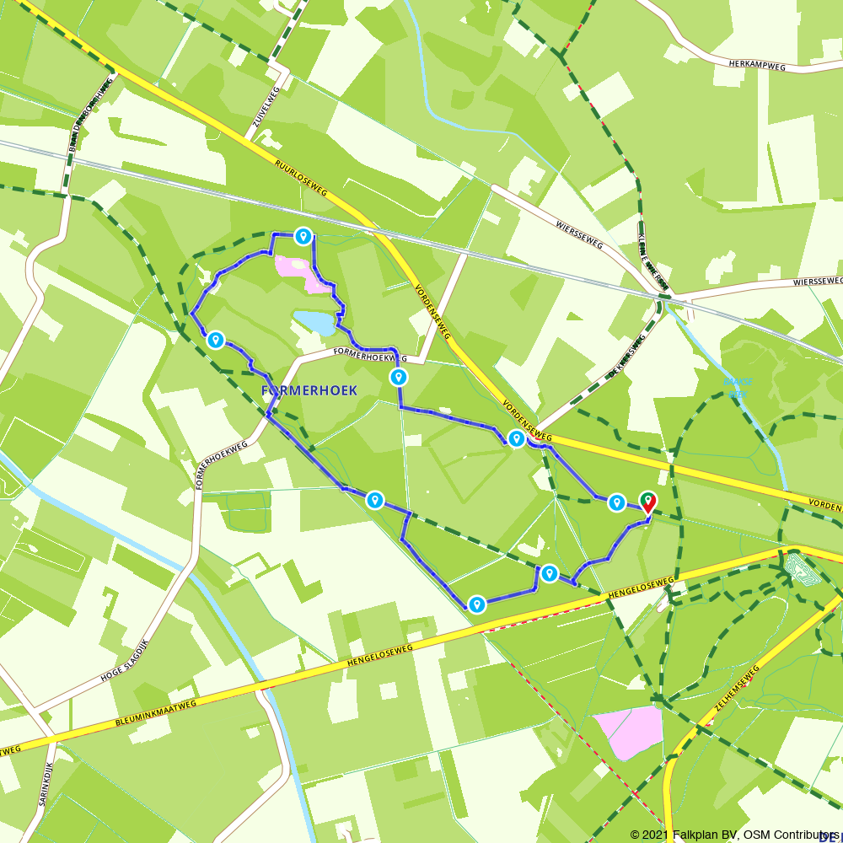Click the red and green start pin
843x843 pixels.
click(648, 502)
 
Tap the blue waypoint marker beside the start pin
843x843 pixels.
click(617, 502)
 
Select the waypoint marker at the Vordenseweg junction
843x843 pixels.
click(516, 438)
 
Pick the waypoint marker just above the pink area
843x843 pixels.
click(303, 237)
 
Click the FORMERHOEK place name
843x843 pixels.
click(309, 390)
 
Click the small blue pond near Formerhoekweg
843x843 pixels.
click(313, 322)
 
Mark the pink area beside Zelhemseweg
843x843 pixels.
click(629, 730)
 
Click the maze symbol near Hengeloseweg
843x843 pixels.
click(797, 567)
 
